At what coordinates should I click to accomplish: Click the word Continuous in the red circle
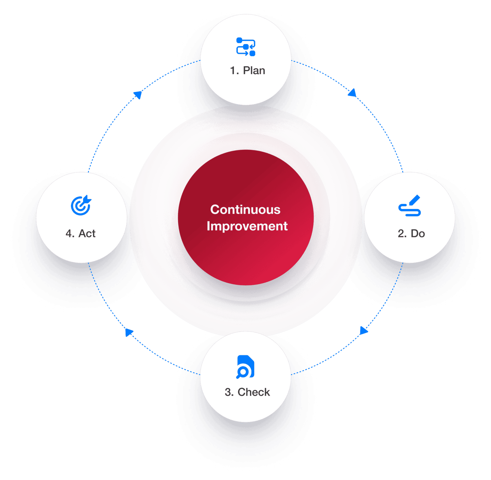245,210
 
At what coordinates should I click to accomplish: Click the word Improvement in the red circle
247,226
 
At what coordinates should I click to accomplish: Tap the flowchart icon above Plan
246,47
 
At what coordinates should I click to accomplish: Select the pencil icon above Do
409,205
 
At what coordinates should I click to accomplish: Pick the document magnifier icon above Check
245,367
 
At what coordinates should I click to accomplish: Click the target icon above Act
81,205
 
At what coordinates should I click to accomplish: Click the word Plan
254,70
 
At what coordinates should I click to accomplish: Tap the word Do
418,234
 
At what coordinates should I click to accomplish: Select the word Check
254,392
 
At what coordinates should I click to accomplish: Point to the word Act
87,234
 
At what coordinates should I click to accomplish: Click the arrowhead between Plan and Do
352,92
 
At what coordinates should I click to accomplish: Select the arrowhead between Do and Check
364,330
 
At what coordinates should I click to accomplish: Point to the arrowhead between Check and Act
129,332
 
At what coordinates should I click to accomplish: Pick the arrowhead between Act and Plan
138,95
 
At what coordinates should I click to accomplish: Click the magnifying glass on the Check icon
242,373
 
